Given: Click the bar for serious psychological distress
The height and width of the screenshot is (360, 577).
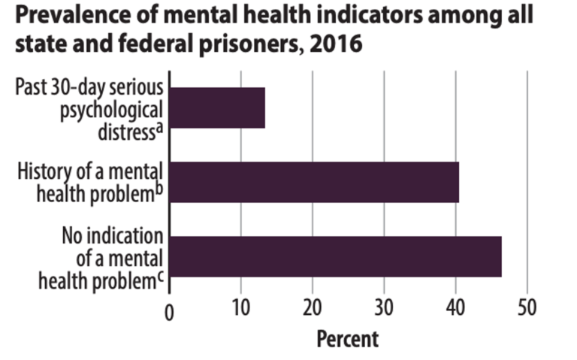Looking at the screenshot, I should tap(217, 107).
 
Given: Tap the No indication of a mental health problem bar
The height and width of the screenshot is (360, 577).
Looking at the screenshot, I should tap(335, 256).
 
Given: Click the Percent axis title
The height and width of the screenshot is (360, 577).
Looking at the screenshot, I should tap(348, 339).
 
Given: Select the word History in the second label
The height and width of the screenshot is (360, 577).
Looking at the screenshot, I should tap(43, 171).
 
